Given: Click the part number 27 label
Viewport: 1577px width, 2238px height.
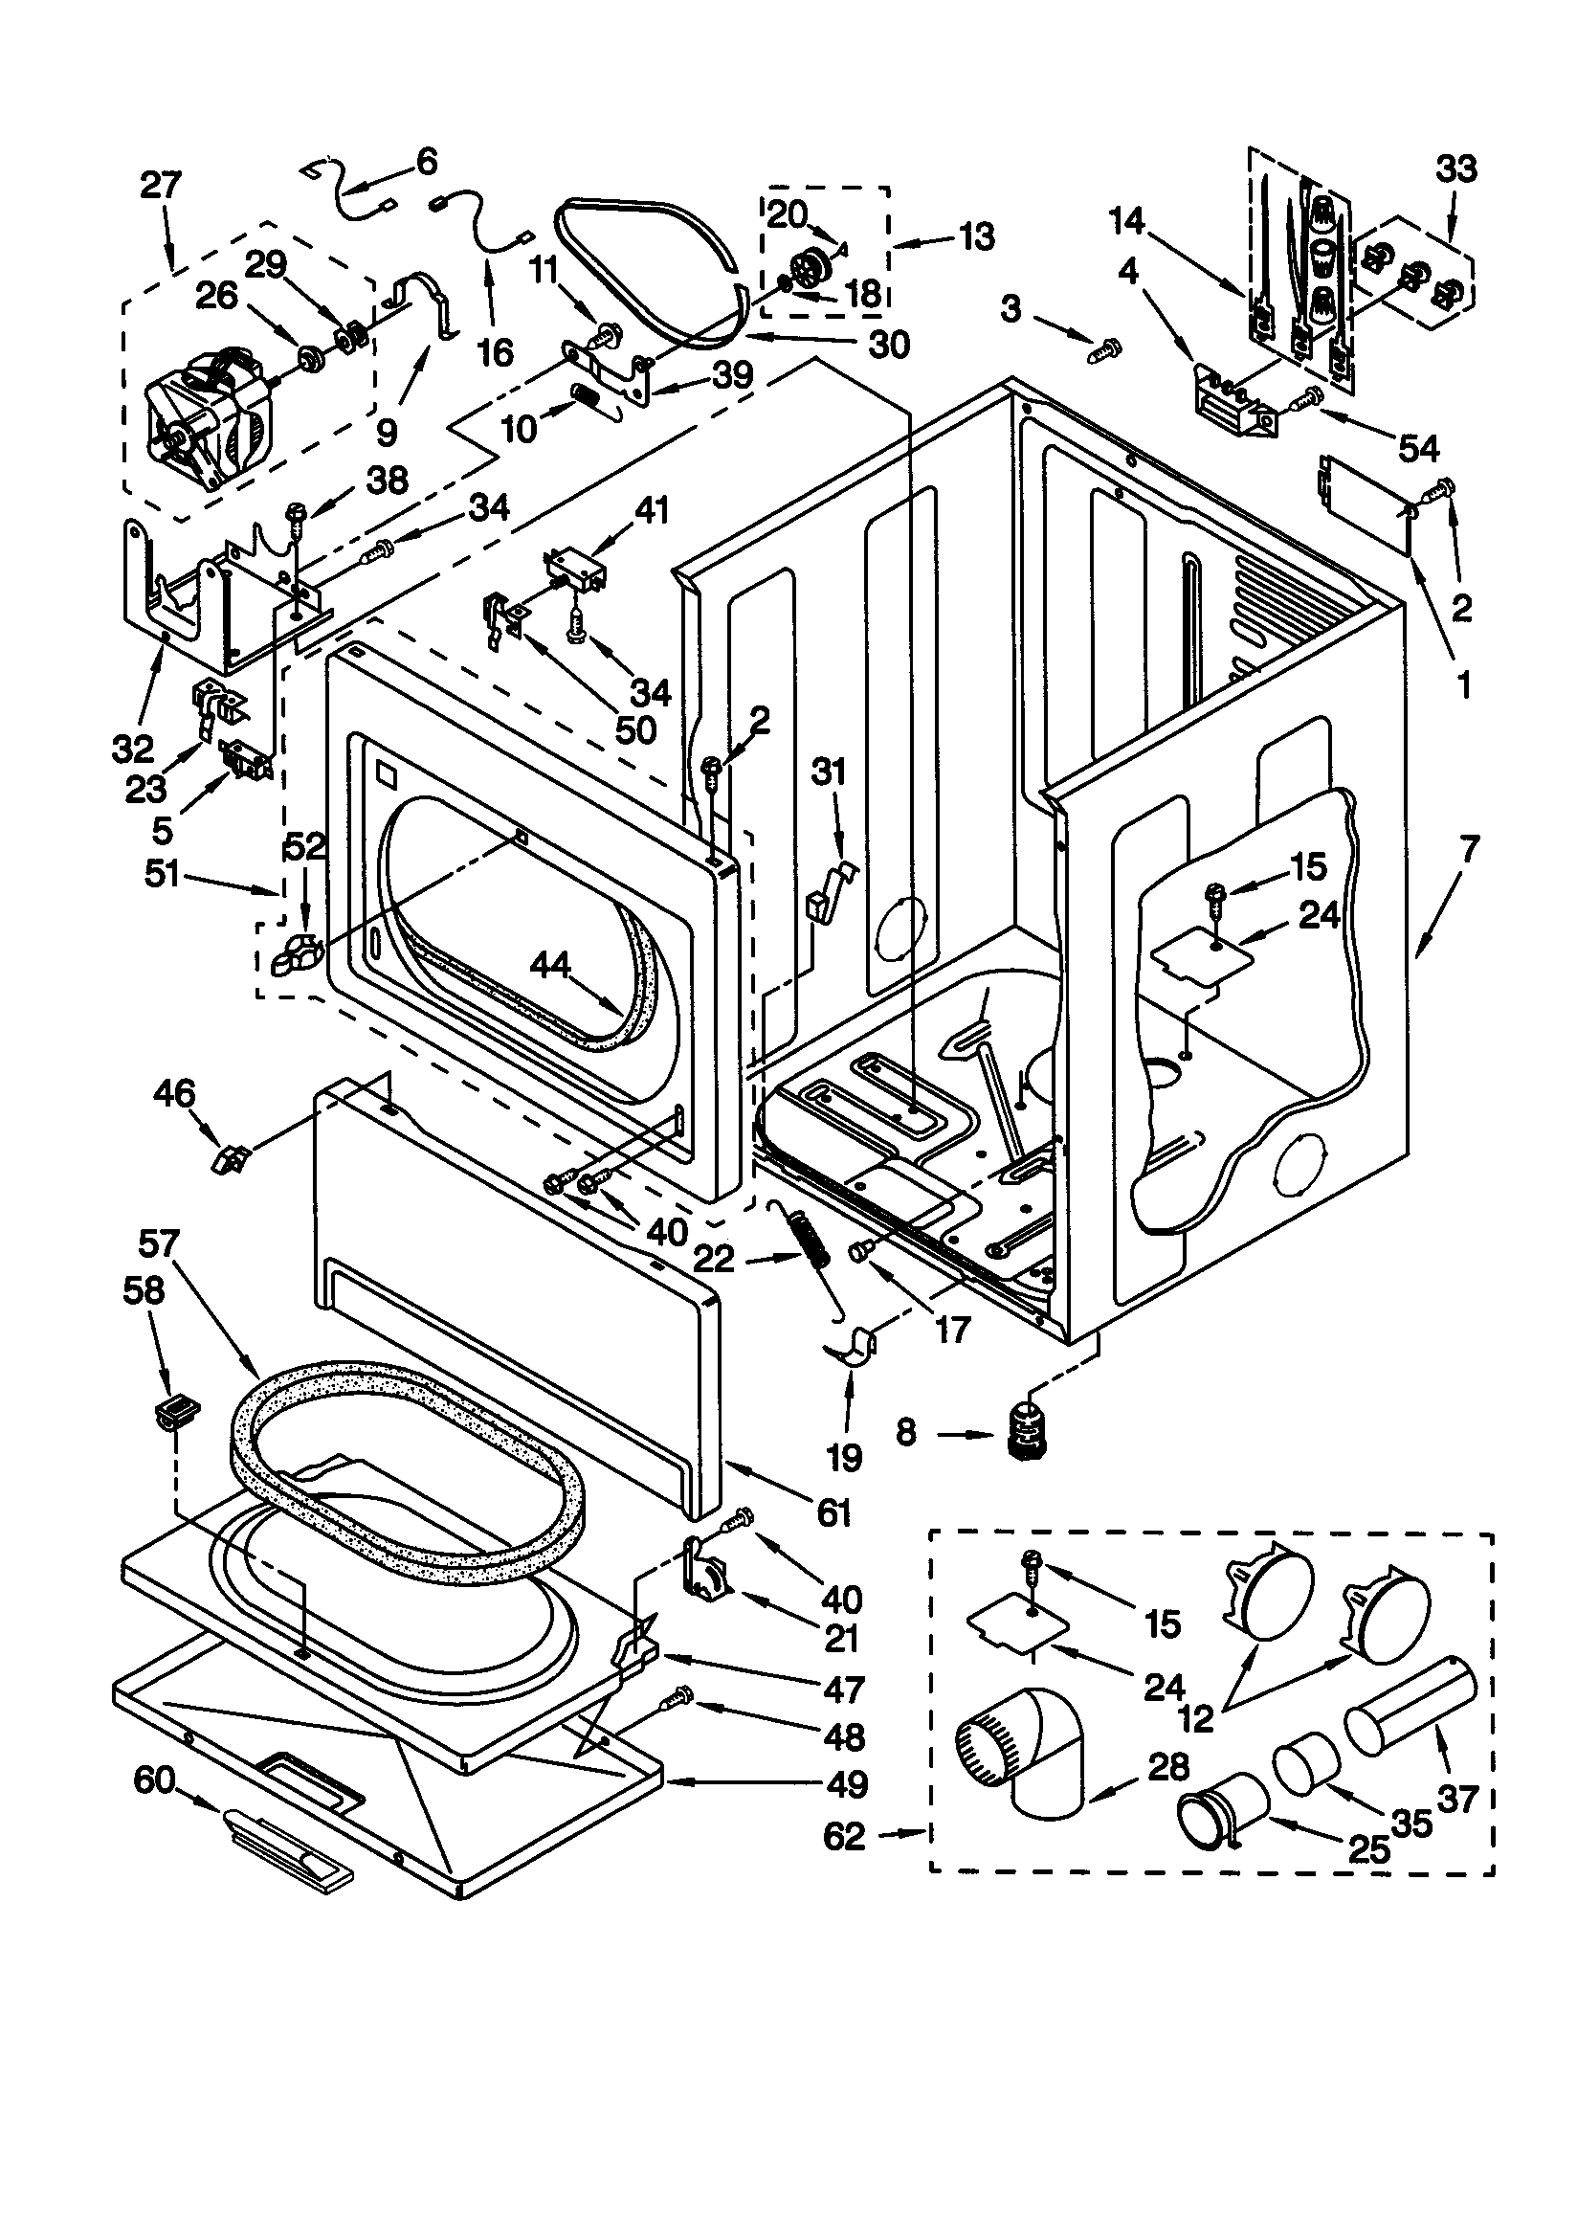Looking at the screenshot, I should (161, 184).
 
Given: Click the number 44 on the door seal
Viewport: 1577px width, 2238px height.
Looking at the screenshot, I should (550, 965).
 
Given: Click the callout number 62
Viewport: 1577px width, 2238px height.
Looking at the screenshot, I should (844, 1836).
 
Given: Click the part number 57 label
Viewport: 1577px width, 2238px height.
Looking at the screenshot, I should (159, 1243).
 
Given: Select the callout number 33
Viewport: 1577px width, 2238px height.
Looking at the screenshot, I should (1456, 168).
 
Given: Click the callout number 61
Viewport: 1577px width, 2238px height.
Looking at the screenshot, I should (834, 1511).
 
